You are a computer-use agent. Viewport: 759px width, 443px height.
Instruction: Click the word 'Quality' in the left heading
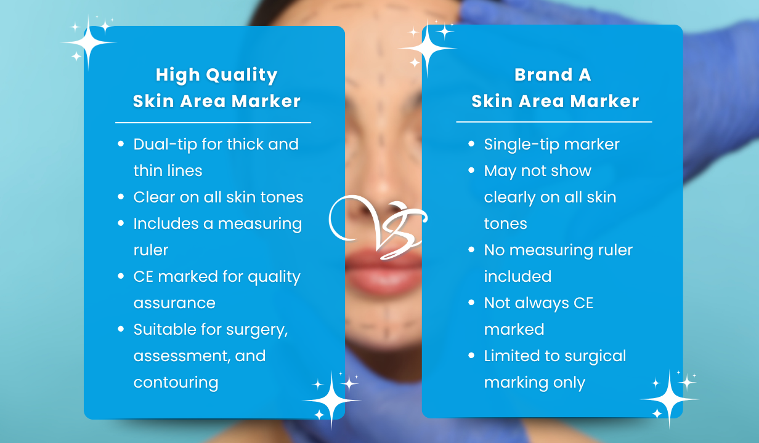point(242,75)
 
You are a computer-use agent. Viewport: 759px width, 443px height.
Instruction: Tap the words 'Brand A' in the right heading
point(553,74)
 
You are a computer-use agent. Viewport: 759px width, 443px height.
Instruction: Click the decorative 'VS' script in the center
point(378,227)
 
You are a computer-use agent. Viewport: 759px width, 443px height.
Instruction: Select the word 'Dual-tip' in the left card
point(165,145)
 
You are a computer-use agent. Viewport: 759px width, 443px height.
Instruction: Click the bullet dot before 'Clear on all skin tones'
point(121,197)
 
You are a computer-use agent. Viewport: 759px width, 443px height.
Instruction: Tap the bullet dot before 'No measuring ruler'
point(471,250)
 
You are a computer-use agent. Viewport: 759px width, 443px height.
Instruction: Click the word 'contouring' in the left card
point(176,383)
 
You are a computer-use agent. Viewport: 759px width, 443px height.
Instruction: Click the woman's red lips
point(383,271)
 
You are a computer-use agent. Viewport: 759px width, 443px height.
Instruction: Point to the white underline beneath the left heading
point(213,122)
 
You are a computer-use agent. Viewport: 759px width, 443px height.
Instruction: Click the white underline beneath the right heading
point(554,122)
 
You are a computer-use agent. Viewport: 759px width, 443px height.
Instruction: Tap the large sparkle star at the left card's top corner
point(89,42)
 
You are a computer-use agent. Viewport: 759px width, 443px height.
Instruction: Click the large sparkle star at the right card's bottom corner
point(669,399)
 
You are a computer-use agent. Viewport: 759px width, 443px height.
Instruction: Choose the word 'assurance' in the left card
point(174,303)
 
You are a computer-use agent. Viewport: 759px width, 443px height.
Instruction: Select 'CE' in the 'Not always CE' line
point(583,303)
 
